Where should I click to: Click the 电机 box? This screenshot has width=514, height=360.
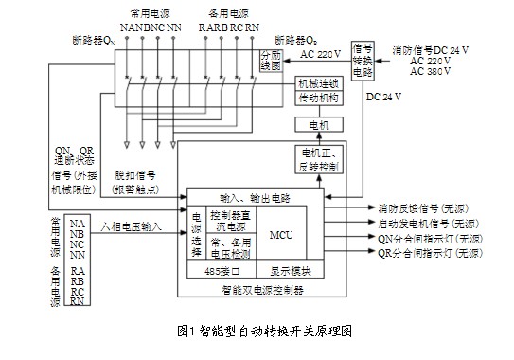308,124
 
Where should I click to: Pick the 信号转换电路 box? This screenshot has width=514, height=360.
361,58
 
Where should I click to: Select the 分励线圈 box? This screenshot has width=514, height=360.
270,62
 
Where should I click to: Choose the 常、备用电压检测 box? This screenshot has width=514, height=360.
230,248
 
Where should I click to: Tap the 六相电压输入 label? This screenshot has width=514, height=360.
129,227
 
